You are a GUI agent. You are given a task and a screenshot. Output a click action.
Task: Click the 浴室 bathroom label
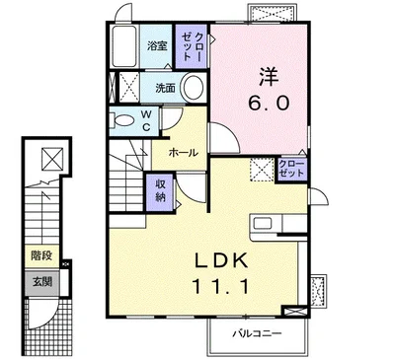[x=157, y=45]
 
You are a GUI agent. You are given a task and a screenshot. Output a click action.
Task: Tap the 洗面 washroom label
[x=165, y=88]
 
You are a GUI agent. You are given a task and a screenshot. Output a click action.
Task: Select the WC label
[x=147, y=120]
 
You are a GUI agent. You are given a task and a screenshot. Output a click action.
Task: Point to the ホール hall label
[x=183, y=153]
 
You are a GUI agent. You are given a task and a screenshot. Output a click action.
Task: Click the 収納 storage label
[x=160, y=190]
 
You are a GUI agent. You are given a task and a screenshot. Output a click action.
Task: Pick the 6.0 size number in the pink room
[x=269, y=103]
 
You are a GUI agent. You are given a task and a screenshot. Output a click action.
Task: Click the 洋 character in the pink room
[x=269, y=77]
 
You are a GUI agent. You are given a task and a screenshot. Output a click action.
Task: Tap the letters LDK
[x=220, y=260]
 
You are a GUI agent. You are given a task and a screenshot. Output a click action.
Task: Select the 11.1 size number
[x=220, y=286]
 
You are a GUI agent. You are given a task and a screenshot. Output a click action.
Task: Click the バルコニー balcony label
[x=258, y=334]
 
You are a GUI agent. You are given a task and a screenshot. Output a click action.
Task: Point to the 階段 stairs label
[x=41, y=255]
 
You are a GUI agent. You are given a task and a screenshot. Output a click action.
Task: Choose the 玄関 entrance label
[x=42, y=281]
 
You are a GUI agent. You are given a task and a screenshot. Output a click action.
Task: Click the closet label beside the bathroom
[x=191, y=46]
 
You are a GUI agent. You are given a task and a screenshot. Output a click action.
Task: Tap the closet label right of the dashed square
[x=291, y=169]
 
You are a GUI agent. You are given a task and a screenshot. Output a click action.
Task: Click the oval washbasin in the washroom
[x=194, y=88]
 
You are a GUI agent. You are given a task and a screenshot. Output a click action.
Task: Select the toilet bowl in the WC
[x=122, y=120]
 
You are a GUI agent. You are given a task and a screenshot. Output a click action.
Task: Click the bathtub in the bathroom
[x=124, y=46]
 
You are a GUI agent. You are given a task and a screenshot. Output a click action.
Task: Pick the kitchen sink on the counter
[x=263, y=224]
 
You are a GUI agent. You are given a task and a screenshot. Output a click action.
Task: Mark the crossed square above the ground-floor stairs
[x=52, y=159]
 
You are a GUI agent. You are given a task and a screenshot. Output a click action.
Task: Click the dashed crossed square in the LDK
[x=262, y=170]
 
